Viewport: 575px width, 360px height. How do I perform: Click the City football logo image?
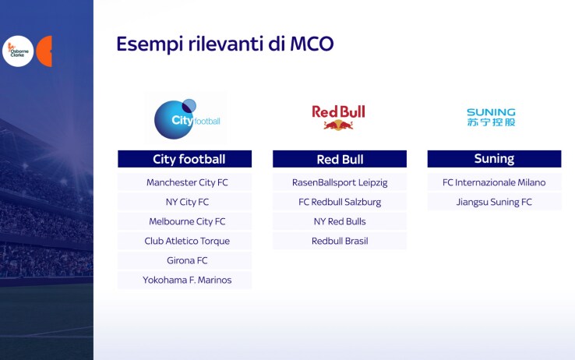pos(186,118)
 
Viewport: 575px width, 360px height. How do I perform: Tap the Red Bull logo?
pos(338,118)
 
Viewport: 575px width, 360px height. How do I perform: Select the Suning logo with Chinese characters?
pos(491,118)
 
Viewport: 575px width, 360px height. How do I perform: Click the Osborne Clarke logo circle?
pos(18,51)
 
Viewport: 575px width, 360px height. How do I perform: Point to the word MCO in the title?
pos(312,44)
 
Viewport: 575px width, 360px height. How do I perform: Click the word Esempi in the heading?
pos(150,44)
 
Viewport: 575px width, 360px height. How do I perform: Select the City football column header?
pos(185,159)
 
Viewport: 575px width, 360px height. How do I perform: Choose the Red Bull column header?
pos(340,159)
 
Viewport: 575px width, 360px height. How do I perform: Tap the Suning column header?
pos(494,159)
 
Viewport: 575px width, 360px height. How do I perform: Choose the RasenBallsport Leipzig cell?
pos(340,182)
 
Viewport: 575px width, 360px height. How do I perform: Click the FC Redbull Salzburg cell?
pos(340,202)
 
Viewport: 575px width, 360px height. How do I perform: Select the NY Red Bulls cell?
pos(340,221)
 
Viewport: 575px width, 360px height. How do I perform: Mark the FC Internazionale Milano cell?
pos(494,182)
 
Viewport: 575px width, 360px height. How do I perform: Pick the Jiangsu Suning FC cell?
pos(494,202)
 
